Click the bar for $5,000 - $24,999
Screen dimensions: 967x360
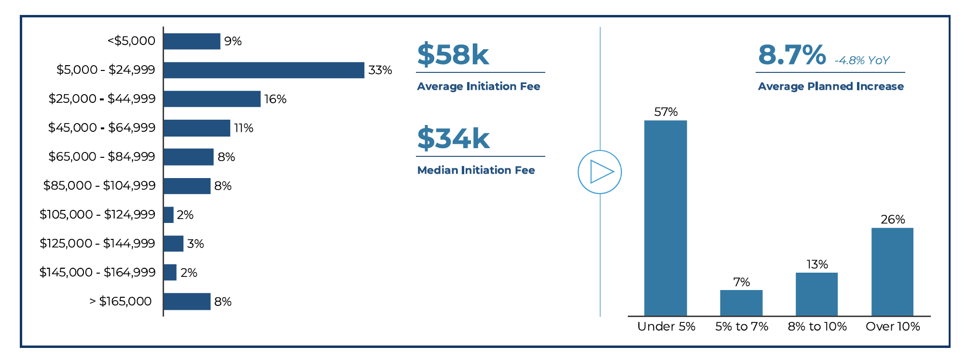pyautogui.click(x=264, y=70)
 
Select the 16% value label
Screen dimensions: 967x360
pyautogui.click(x=276, y=99)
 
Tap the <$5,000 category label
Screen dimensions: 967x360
pyautogui.click(x=131, y=41)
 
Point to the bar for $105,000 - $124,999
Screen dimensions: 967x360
pyautogui.click(x=168, y=215)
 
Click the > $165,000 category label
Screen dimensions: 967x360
pyautogui.click(x=121, y=302)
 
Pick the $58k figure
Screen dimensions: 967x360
pyautogui.click(x=453, y=54)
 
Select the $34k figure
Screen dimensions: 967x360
pyautogui.click(x=453, y=138)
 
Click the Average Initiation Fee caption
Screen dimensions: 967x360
pyautogui.click(x=479, y=86)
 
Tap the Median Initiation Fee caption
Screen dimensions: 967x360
pyautogui.click(x=476, y=170)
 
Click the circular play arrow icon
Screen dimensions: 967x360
pyautogui.click(x=600, y=172)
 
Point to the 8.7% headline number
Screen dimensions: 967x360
pyautogui.click(x=792, y=55)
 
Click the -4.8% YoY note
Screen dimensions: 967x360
pyautogui.click(x=862, y=60)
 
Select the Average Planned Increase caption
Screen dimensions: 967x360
pyautogui.click(x=831, y=86)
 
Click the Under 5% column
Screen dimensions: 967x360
pyautogui.click(x=665, y=218)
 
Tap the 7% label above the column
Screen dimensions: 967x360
pyautogui.click(x=742, y=282)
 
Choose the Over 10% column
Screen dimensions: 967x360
pyautogui.click(x=892, y=272)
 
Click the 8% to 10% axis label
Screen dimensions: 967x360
pyautogui.click(x=817, y=327)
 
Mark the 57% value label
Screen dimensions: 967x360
pyautogui.click(x=666, y=112)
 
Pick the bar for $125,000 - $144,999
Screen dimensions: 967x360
pyautogui.click(x=174, y=244)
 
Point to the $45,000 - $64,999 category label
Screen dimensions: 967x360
pyautogui.click(x=102, y=128)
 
